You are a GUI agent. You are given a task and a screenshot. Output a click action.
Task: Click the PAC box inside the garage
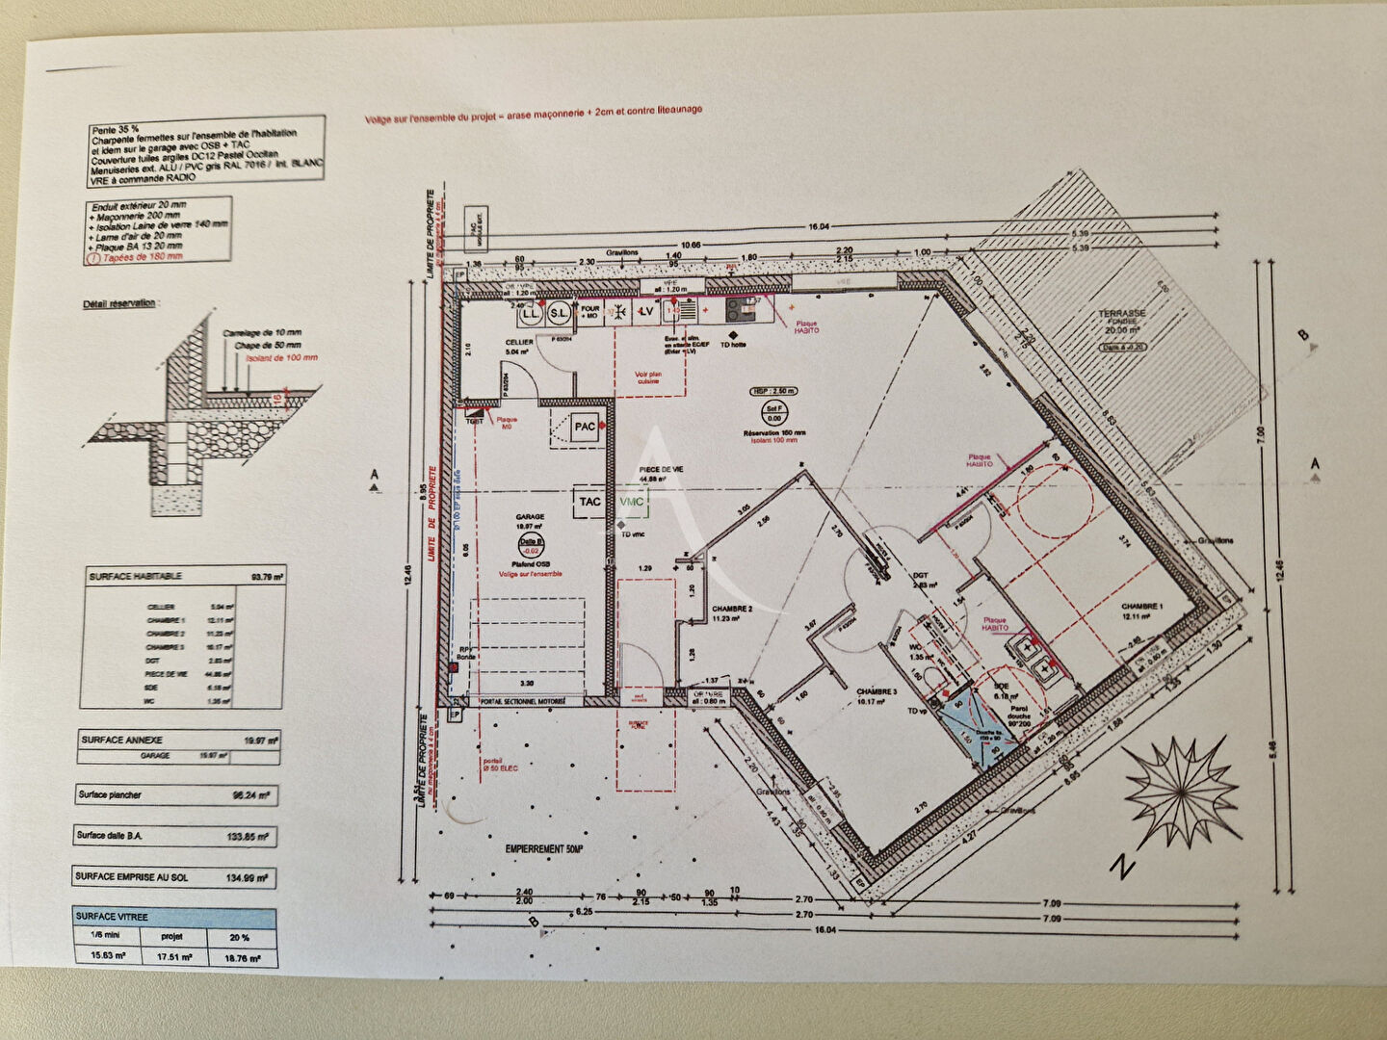[x=584, y=427]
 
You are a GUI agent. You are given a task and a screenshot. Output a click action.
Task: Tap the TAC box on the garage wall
[x=590, y=502]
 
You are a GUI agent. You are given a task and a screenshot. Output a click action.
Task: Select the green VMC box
[x=633, y=502]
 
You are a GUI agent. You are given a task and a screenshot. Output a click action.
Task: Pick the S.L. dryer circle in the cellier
[x=559, y=313]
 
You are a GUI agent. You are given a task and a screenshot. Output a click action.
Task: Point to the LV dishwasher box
[x=647, y=311]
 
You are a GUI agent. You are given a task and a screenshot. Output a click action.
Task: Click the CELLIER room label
[x=519, y=343]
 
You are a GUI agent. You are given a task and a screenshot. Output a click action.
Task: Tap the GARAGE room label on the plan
[x=530, y=516]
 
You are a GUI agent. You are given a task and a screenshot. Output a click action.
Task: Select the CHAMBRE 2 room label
[x=731, y=610]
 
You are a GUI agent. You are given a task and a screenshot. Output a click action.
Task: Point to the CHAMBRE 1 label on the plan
[x=1142, y=606]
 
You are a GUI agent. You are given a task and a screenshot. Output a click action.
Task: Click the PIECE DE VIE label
[x=661, y=469]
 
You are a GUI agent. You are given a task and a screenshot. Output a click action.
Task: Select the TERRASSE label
[x=1122, y=314]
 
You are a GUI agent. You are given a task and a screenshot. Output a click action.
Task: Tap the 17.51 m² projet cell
[x=174, y=957]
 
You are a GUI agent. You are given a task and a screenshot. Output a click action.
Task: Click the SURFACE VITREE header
[x=113, y=917]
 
